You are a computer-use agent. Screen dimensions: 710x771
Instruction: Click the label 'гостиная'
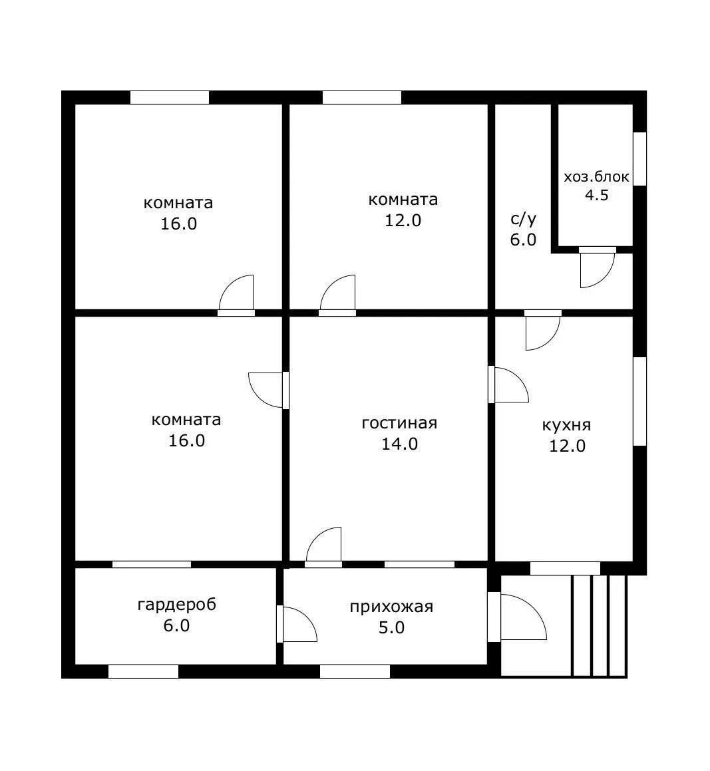pyautogui.click(x=399, y=423)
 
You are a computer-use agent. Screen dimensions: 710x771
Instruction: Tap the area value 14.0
pyautogui.click(x=400, y=444)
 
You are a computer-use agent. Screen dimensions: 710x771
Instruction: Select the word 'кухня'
pyautogui.click(x=566, y=425)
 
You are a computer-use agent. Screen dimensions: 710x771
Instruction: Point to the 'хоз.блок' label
pyautogui.click(x=596, y=177)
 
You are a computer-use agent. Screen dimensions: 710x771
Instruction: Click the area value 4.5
pyautogui.click(x=596, y=195)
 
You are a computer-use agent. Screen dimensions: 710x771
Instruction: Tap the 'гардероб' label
pyautogui.click(x=176, y=605)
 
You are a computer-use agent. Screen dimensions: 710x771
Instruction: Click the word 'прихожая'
pyautogui.click(x=391, y=607)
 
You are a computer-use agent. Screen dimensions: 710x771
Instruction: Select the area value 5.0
pyautogui.click(x=391, y=627)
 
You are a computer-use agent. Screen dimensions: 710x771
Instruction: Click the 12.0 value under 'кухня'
pyautogui.click(x=567, y=446)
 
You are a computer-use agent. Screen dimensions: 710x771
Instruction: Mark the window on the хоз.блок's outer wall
pyautogui.click(x=639, y=159)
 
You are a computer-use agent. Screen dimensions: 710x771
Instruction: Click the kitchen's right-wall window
pyautogui.click(x=639, y=401)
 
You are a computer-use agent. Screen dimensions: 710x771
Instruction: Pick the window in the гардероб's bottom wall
pyautogui.click(x=143, y=672)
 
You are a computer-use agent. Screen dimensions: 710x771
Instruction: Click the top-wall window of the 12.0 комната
pyautogui.click(x=362, y=97)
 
